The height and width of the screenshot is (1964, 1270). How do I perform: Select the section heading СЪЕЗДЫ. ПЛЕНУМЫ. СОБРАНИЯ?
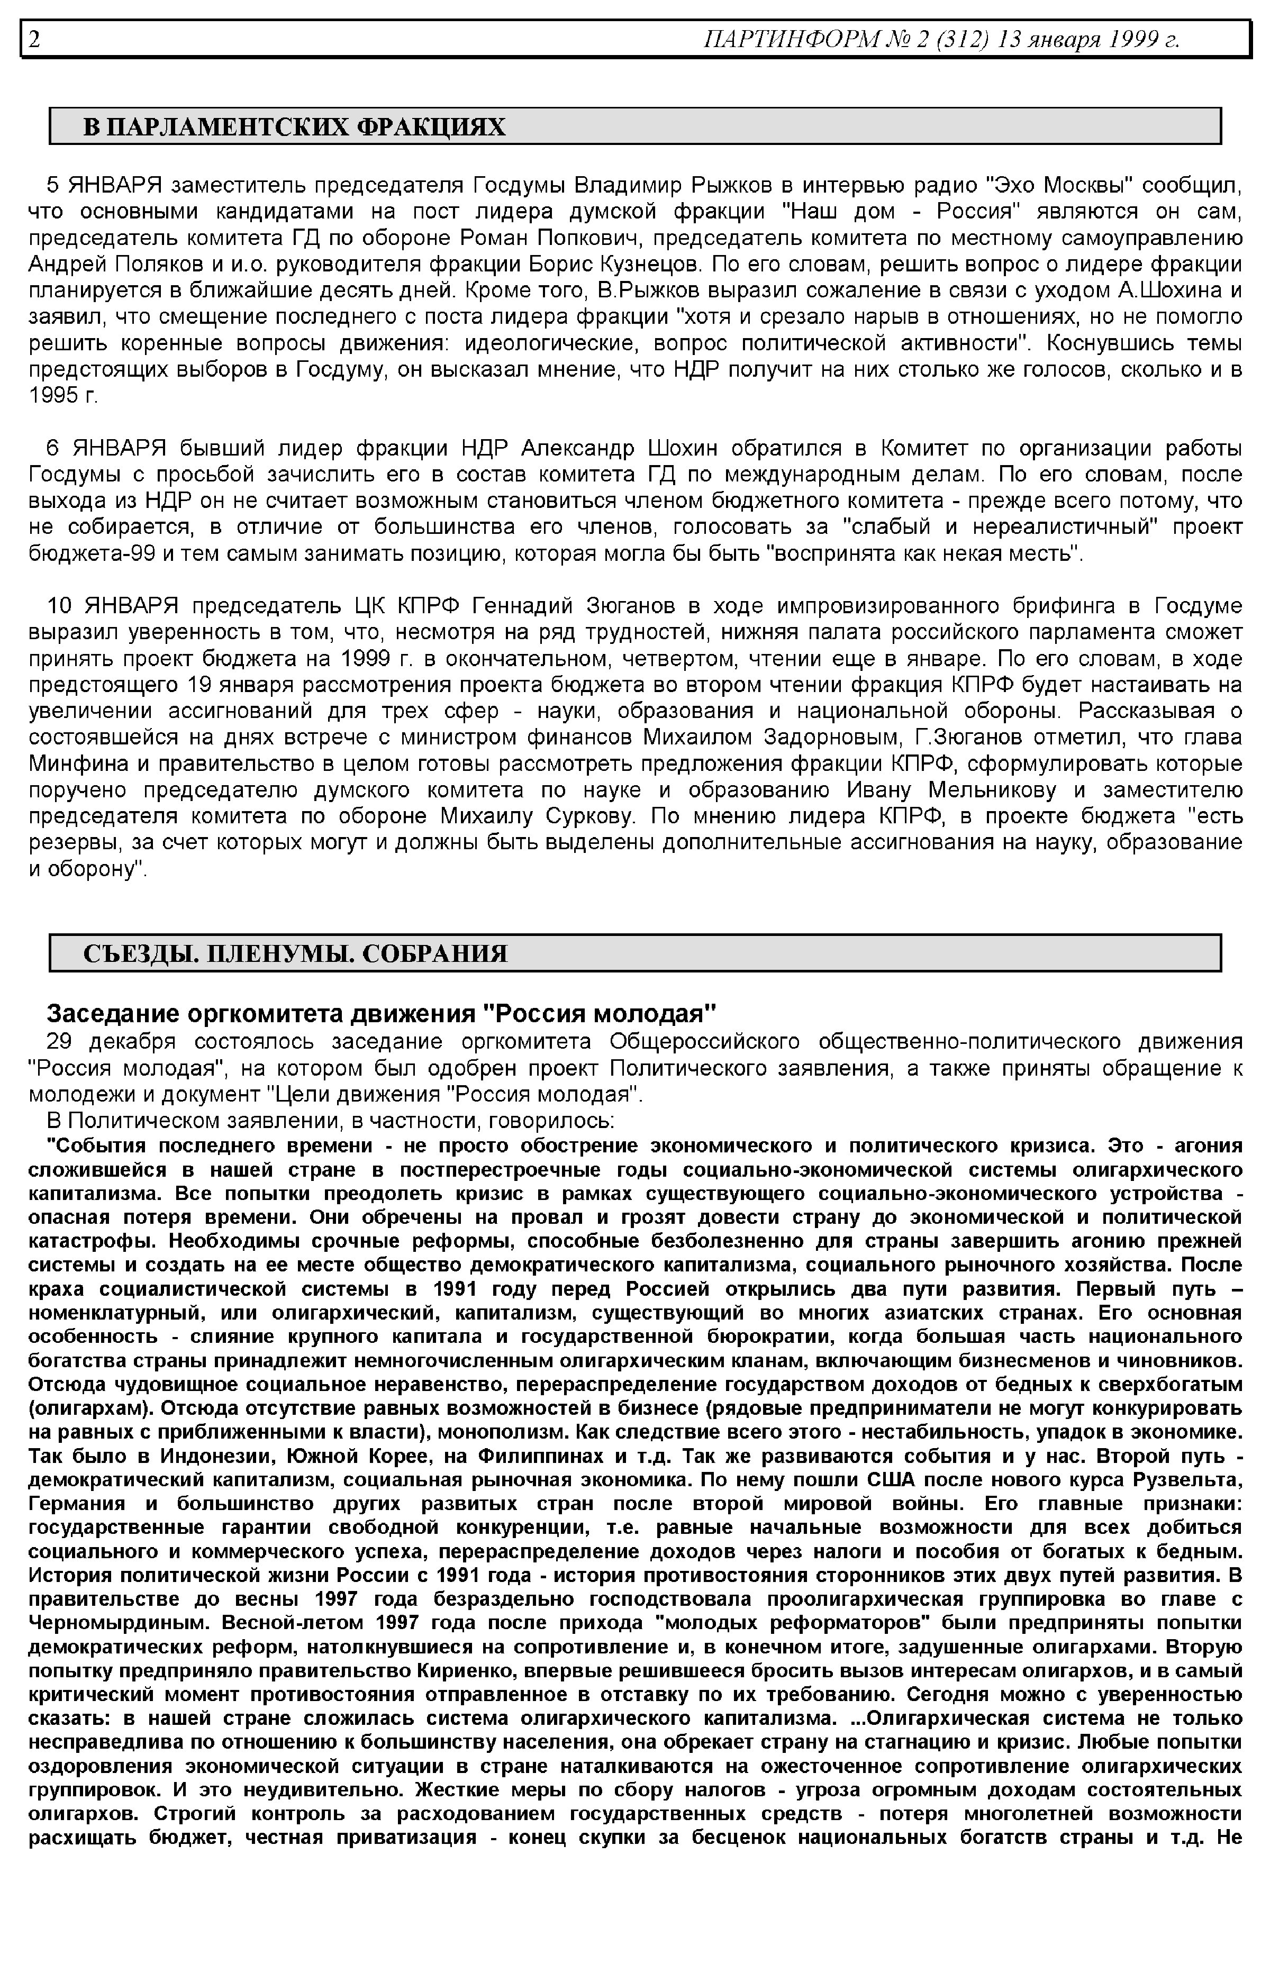pos(295,954)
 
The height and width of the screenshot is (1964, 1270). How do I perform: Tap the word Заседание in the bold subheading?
pos(109,1013)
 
